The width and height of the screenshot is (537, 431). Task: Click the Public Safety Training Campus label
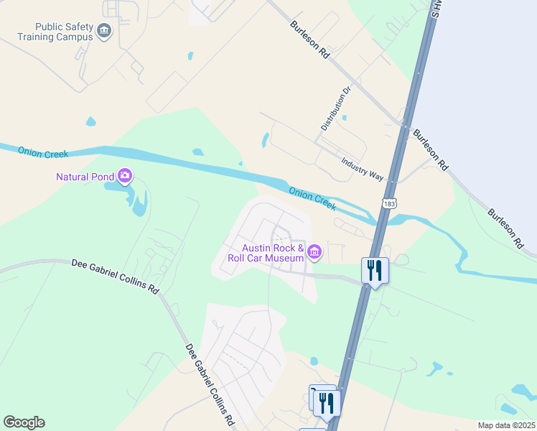(55, 31)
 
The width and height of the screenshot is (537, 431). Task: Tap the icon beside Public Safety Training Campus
(105, 31)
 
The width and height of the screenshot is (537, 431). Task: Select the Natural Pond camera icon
(126, 175)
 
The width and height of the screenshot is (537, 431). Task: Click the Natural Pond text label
(85, 177)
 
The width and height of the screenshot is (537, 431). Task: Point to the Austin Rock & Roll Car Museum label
(266, 252)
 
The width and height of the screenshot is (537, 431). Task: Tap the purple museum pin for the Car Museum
(314, 252)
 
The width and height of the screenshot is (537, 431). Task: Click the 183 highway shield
(389, 204)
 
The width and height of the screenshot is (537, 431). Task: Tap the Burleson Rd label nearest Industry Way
(430, 149)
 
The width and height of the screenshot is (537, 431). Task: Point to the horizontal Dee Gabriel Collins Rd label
(115, 276)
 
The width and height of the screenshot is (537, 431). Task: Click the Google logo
(24, 422)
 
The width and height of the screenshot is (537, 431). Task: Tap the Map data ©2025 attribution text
(506, 425)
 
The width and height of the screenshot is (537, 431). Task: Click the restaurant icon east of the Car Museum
(375, 271)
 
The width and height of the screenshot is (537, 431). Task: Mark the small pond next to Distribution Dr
(345, 117)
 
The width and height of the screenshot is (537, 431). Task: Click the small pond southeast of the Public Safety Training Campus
(190, 55)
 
